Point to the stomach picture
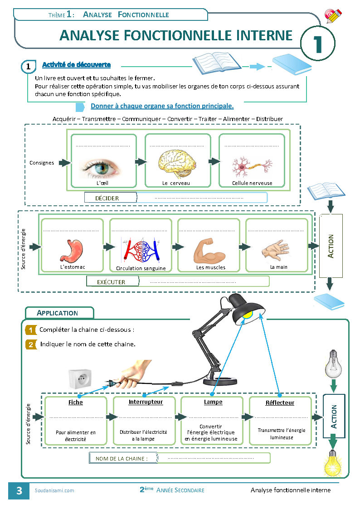[72, 251]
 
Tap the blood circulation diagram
[140, 251]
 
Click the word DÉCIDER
[107, 198]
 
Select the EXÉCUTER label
[111, 282]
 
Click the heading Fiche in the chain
[76, 402]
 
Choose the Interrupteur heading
[146, 402]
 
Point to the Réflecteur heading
[280, 402]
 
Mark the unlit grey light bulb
[333, 363]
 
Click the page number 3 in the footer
[19, 490]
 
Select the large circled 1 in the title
[318, 44]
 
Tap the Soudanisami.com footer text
[54, 490]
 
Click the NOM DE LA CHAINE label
[122, 458]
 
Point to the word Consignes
[42, 163]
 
